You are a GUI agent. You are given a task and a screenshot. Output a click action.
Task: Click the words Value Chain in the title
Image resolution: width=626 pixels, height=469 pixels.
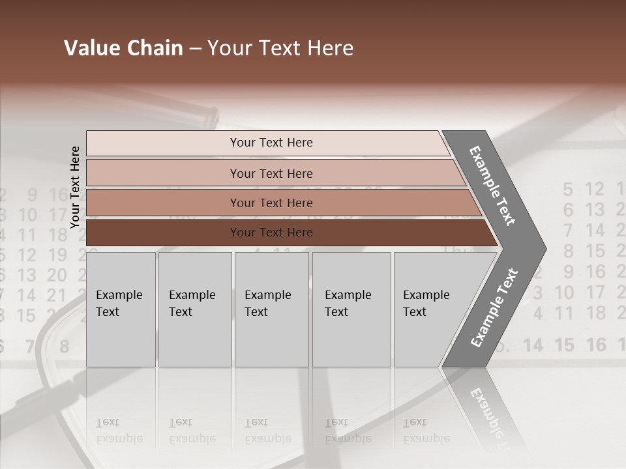[x=123, y=48]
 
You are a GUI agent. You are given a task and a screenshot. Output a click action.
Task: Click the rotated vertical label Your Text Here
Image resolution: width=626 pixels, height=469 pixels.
[x=75, y=187]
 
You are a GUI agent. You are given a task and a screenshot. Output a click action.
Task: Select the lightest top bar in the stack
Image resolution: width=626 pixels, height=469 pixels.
[x=271, y=143]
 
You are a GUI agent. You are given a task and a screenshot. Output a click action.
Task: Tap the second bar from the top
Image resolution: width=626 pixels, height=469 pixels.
[x=271, y=173]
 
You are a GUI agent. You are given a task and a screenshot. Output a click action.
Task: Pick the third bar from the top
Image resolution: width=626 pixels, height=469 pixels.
[x=271, y=203]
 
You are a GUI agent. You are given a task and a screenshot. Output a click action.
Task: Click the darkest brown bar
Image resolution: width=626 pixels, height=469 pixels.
[x=271, y=233]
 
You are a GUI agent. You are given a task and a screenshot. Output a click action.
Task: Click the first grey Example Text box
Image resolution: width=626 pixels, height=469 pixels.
[x=120, y=309]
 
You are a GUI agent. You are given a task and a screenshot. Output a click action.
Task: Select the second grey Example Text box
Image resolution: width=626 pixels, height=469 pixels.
[x=194, y=309]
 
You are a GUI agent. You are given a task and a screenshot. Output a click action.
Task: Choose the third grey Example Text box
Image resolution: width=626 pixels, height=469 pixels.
[x=271, y=309]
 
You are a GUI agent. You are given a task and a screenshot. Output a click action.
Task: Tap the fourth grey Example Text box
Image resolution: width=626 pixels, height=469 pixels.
[x=351, y=309]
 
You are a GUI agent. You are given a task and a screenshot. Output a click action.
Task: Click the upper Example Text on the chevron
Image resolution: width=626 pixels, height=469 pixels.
[x=493, y=186]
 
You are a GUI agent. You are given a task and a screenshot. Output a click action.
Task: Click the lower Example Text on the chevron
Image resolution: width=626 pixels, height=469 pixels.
[x=494, y=308]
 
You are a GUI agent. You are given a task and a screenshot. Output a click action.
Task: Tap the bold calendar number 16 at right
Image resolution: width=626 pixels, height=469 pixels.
[x=595, y=345]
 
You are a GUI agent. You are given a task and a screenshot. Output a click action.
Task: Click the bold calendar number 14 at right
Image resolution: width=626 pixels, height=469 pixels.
[x=533, y=345]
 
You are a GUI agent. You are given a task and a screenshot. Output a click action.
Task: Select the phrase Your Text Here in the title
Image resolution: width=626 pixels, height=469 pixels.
[x=280, y=48]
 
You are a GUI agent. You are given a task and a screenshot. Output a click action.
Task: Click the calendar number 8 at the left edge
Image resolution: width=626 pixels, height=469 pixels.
[x=64, y=346]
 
